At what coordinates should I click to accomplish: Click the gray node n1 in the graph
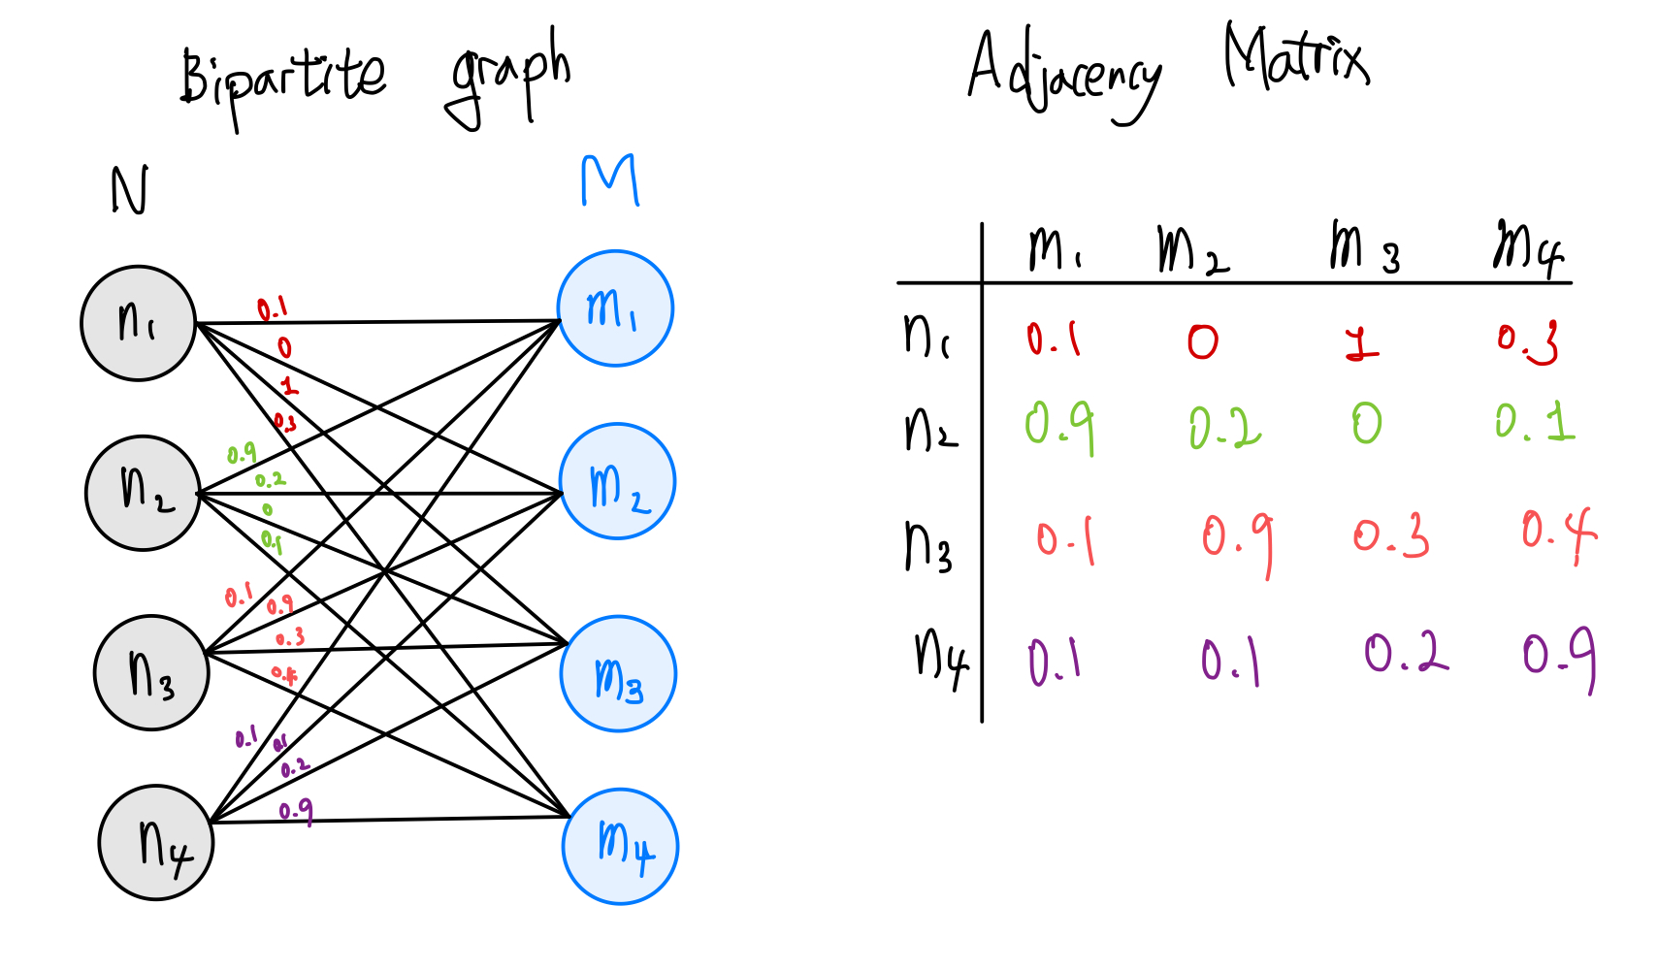click(x=138, y=323)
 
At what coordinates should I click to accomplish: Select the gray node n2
click(x=143, y=493)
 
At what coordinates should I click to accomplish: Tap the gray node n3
click(x=151, y=672)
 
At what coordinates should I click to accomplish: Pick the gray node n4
click(x=156, y=843)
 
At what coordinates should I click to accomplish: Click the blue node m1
click(x=615, y=308)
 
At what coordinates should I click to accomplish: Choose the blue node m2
click(x=618, y=481)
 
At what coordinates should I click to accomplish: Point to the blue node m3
click(x=618, y=674)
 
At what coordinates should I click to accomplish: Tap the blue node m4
click(x=620, y=847)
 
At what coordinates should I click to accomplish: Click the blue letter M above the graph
click(x=610, y=180)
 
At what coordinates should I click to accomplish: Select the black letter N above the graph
click(x=130, y=190)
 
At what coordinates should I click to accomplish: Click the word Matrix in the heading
click(x=1296, y=58)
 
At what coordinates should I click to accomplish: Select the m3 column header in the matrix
click(x=1363, y=247)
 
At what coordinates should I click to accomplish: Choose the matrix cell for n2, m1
click(x=1059, y=427)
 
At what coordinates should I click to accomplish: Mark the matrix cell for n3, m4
click(x=1558, y=533)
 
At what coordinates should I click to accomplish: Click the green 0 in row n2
click(x=1367, y=424)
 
